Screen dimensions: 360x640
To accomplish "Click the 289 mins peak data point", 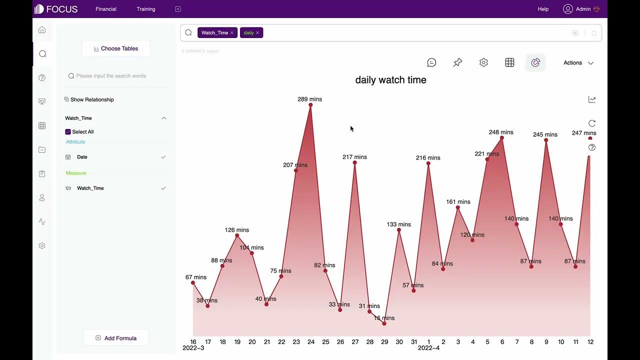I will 310,105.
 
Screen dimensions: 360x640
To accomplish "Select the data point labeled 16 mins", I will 384,323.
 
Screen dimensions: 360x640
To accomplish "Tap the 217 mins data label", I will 354,157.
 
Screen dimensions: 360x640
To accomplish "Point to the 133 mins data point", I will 399,230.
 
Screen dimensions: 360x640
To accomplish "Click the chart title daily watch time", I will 390,80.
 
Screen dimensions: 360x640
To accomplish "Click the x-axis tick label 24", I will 311,342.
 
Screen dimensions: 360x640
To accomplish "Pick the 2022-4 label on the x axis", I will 428,348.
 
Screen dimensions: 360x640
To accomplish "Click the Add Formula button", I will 116,338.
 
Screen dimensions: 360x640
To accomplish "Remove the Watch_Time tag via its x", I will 232,33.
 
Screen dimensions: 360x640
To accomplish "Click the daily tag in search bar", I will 248,33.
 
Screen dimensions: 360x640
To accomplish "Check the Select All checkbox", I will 68,132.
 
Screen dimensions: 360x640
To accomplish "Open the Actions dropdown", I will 578,63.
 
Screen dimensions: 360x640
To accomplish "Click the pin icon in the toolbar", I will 457,62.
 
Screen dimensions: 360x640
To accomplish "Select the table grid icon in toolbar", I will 509,62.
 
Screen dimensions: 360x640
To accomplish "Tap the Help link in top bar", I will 542,9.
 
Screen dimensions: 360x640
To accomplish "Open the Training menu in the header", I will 146,9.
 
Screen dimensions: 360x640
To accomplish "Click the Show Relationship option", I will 92,99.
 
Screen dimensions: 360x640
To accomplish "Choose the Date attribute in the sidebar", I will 82,157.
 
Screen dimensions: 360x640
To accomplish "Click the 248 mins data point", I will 502,138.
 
